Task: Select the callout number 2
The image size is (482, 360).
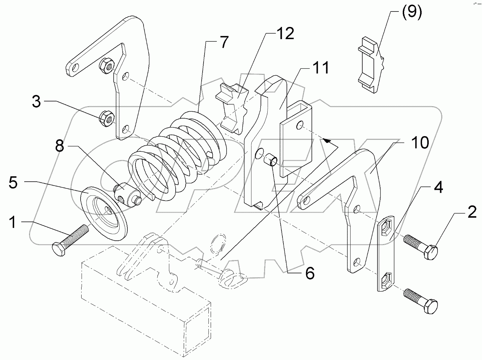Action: point(471,212)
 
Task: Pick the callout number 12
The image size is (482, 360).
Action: point(285,34)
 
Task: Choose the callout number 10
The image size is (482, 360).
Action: point(419,143)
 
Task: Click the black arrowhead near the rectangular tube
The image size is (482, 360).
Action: point(326,140)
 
